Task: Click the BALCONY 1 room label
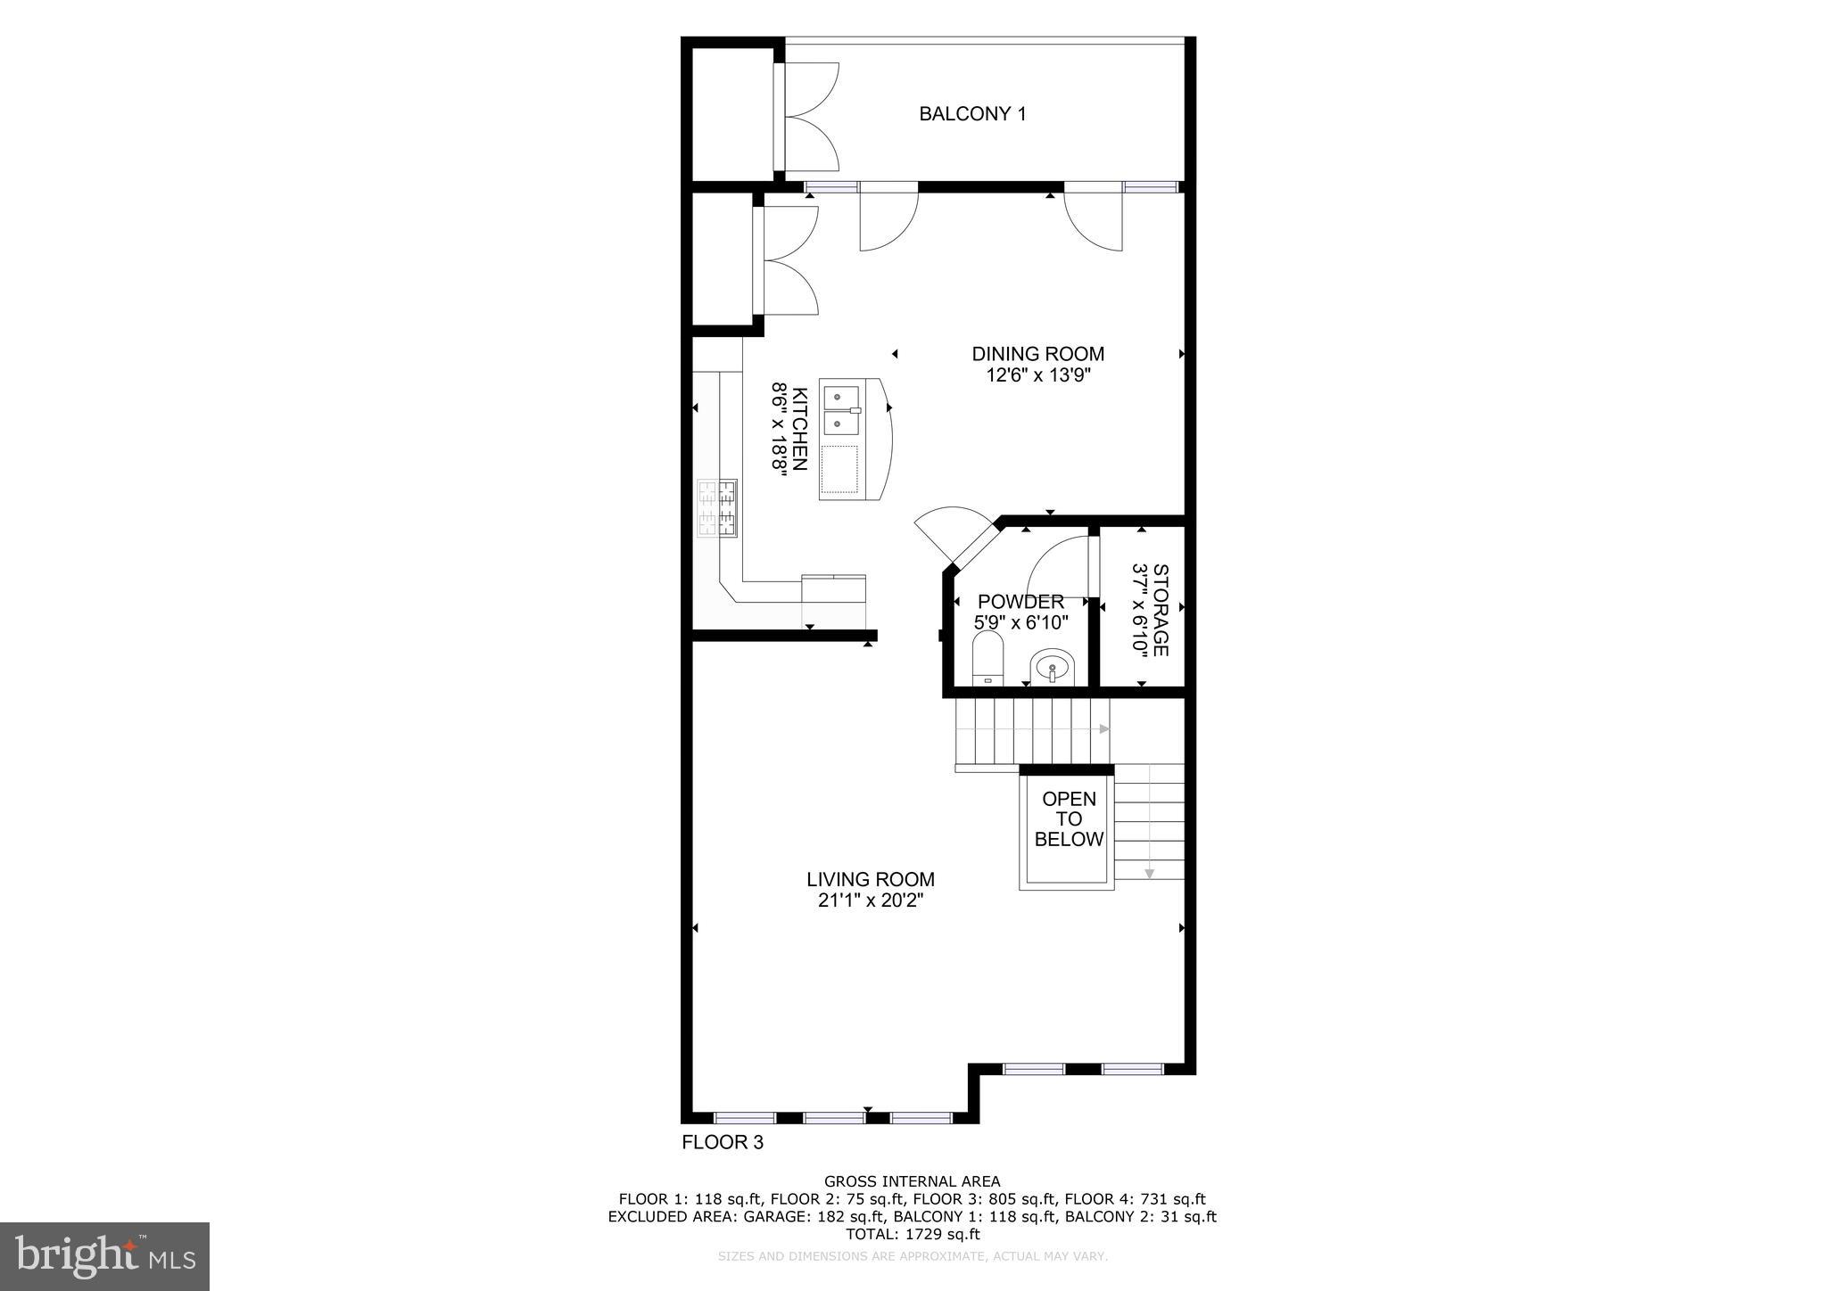(x=972, y=114)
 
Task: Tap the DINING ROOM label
(x=1037, y=354)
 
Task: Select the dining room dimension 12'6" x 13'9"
(x=1038, y=375)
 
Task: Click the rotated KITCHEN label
(x=800, y=429)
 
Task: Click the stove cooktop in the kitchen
(x=717, y=508)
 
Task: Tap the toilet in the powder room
(x=987, y=658)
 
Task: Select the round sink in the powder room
(x=1053, y=667)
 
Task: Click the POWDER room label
(x=1020, y=602)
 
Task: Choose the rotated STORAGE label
(x=1160, y=610)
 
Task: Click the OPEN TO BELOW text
(x=1069, y=819)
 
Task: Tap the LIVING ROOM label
(x=871, y=880)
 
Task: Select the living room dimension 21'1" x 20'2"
(x=871, y=901)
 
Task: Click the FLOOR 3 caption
(x=723, y=1142)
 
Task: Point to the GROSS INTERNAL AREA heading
(x=912, y=1182)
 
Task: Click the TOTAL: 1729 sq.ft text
(x=912, y=1235)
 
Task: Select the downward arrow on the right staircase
(x=1150, y=873)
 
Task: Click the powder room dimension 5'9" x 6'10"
(x=1020, y=622)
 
